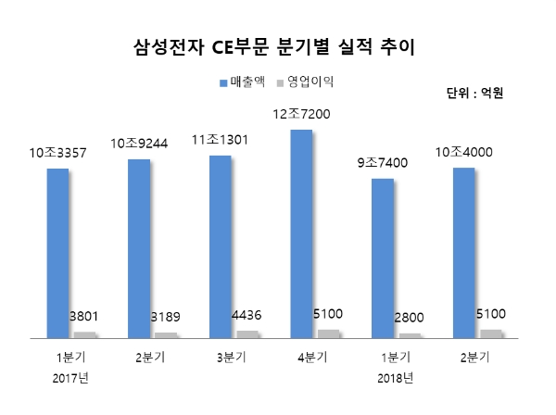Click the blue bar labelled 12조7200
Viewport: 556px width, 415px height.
coord(302,232)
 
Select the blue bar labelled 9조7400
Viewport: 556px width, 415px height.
coord(383,257)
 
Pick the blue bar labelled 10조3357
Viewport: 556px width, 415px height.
coord(57,252)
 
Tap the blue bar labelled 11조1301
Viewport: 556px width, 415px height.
coord(221,245)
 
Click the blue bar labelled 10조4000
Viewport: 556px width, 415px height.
coord(464,251)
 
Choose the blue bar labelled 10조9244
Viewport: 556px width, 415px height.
coord(139,247)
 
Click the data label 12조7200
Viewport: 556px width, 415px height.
coord(303,114)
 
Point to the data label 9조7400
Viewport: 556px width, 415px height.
coord(383,164)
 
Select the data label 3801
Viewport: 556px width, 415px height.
coord(91,317)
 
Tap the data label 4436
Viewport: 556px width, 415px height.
coord(254,316)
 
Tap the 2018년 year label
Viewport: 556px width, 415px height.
coord(395,378)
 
